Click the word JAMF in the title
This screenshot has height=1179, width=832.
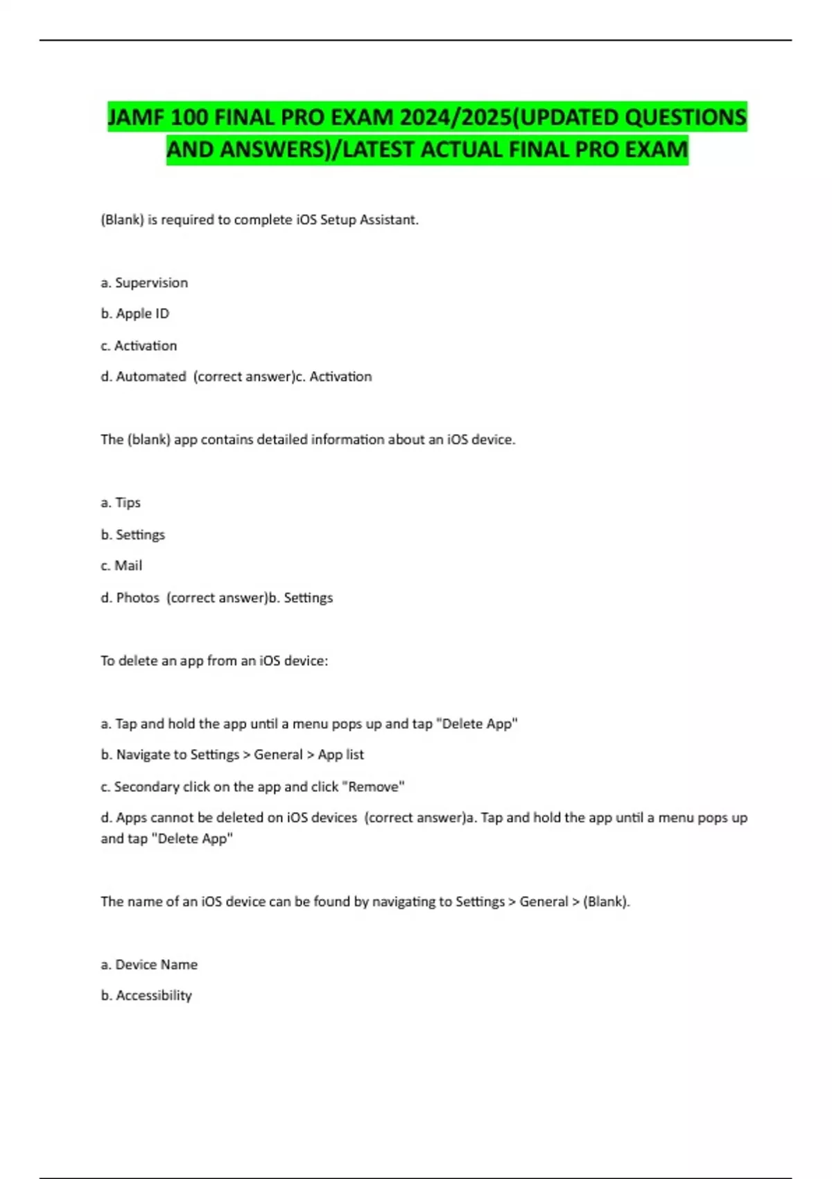pyautogui.click(x=136, y=117)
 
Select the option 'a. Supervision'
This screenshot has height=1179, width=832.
pyautogui.click(x=144, y=283)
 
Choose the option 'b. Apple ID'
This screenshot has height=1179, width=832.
pyautogui.click(x=135, y=313)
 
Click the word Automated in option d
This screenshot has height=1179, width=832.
pyautogui.click(x=151, y=377)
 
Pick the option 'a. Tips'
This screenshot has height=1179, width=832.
pyautogui.click(x=121, y=503)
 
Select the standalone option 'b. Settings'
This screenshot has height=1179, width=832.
pyautogui.click(x=132, y=535)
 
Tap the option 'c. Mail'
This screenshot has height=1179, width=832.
pyautogui.click(x=121, y=566)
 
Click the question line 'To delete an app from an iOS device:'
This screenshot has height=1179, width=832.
pyautogui.click(x=214, y=661)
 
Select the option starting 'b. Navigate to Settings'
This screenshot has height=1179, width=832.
pyautogui.click(x=232, y=755)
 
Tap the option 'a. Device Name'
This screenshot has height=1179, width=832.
pyautogui.click(x=149, y=965)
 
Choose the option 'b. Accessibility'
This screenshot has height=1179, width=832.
pyautogui.click(x=146, y=996)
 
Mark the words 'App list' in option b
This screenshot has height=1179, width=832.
pyautogui.click(x=341, y=755)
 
